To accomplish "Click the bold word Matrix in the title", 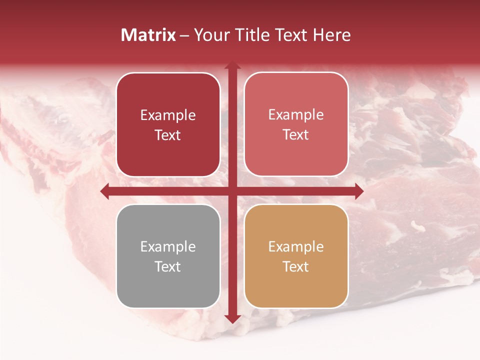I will coord(148,35).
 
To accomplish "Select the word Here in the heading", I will coord(331,35).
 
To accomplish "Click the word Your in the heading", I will coord(210,35).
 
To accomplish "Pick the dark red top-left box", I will coord(168,124).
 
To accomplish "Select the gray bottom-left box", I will coord(168,256).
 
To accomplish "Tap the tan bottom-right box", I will coord(296,256).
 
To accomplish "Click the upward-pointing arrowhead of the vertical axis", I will coord(232,65).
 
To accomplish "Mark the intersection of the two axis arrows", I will coord(232,191).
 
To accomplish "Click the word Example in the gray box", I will coord(168,246).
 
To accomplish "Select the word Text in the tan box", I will coord(296,266).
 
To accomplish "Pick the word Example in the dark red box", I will coord(168,115).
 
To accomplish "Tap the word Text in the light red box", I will coord(296,134).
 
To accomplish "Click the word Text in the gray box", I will coord(168,266).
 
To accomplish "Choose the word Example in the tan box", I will coord(296,246).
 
